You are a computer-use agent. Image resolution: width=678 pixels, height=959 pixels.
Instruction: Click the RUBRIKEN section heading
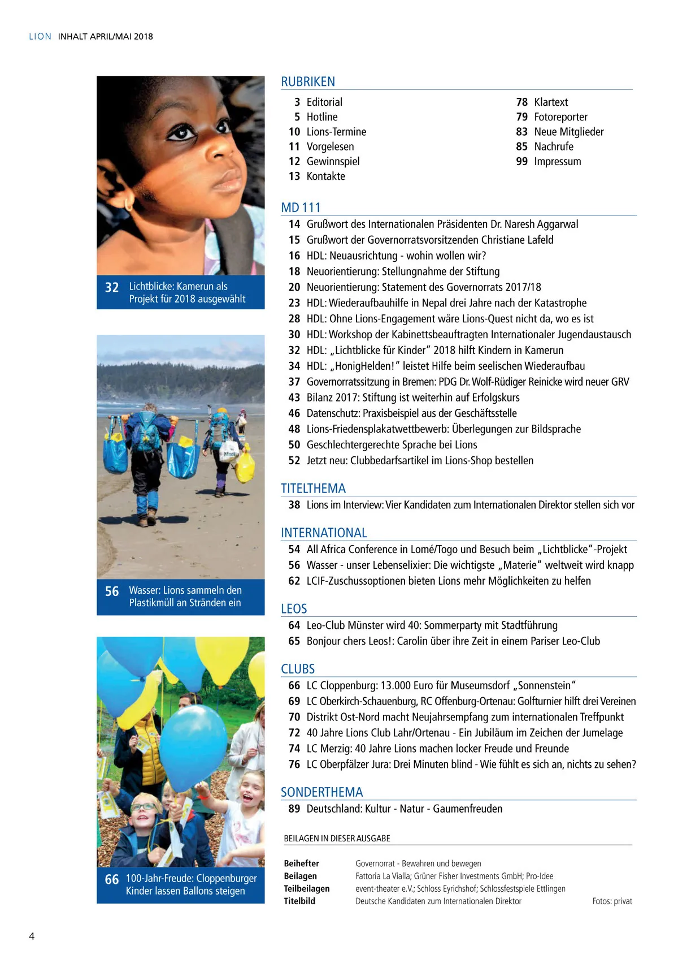[308, 82]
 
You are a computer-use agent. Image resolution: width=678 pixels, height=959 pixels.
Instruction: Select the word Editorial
[324, 102]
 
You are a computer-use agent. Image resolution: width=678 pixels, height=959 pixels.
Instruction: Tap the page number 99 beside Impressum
[521, 162]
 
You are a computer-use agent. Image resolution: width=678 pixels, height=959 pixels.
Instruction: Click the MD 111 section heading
[301, 208]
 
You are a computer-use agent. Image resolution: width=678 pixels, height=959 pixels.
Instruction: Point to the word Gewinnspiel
[333, 162]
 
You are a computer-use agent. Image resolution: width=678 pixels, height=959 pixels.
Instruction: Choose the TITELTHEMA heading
[313, 489]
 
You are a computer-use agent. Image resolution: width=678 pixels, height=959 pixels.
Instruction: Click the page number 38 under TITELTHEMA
[294, 505]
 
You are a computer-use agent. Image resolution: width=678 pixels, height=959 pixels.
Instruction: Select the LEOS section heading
[294, 609]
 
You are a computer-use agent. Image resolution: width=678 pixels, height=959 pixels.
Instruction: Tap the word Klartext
[551, 102]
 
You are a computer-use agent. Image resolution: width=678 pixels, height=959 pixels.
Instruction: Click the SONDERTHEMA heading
[321, 792]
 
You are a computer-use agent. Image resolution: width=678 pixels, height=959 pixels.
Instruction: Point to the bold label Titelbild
[299, 901]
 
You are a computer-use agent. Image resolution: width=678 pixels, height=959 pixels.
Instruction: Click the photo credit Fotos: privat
[612, 901]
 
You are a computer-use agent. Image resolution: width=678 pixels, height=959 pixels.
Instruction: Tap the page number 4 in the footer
[32, 936]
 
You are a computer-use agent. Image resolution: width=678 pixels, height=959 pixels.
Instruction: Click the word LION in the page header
[40, 37]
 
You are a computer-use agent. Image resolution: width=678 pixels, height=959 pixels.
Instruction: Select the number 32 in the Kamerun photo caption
[112, 287]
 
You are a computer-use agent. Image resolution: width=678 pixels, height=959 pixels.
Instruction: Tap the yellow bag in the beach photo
[245, 465]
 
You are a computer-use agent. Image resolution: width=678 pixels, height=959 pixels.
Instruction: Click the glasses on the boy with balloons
[145, 807]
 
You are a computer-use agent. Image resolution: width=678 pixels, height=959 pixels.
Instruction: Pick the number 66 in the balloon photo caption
[112, 880]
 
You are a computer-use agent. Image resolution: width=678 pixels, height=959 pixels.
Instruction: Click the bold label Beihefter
[301, 863]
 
